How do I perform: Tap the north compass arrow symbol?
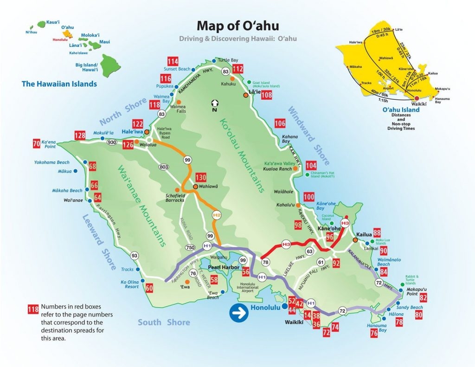pyautogui.click(x=215, y=104)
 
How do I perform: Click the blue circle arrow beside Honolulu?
pyautogui.click(x=239, y=313)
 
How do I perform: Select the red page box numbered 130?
pyautogui.click(x=200, y=178)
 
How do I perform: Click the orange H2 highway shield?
pyautogui.click(x=217, y=215)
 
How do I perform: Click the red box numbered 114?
pyautogui.click(x=173, y=62)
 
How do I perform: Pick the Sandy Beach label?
pyautogui.click(x=410, y=308)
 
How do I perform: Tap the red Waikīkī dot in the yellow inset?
pyautogui.click(x=417, y=98)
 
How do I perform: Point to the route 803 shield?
pyautogui.click(x=163, y=167)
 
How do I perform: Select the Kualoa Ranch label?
pyautogui.click(x=277, y=169)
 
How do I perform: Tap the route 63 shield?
pyautogui.click(x=310, y=251)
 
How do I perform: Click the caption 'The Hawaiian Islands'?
pyautogui.click(x=59, y=84)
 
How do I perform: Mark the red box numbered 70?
pyautogui.click(x=37, y=144)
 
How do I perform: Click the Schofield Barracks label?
pyautogui.click(x=175, y=197)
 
